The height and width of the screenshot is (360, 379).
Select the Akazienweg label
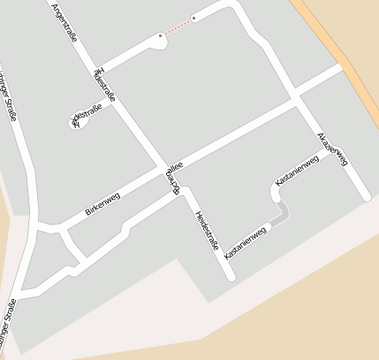click(333, 148)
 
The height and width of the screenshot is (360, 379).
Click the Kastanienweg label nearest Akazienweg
click(297, 170)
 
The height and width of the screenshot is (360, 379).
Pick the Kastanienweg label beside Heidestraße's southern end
click(245, 242)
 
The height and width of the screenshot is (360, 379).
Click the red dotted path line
click(177, 27)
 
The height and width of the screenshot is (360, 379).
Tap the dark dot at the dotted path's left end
click(160, 35)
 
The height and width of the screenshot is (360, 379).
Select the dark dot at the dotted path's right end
click(193, 18)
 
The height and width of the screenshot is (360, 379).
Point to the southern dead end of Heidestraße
click(230, 276)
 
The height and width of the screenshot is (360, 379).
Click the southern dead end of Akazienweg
click(365, 195)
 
